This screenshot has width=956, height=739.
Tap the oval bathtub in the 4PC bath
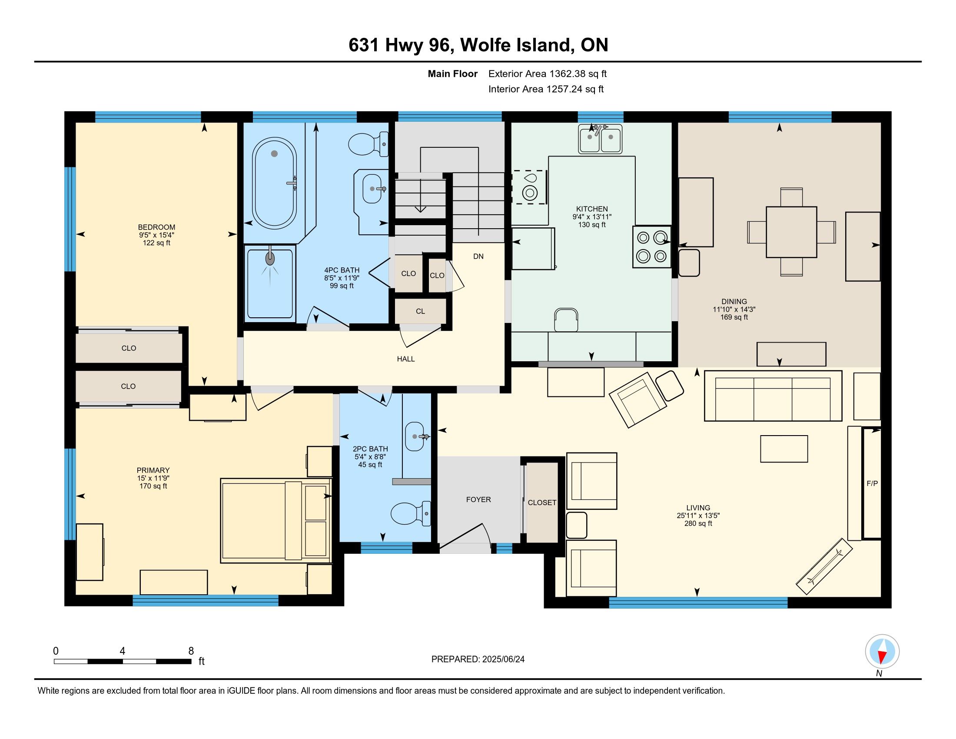[x=275, y=183]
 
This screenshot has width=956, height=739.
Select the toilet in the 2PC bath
[x=411, y=513]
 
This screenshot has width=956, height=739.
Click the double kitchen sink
[x=600, y=139]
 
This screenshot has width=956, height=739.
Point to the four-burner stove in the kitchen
[x=651, y=246]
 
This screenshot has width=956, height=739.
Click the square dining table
[x=791, y=232]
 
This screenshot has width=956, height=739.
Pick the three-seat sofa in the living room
[x=773, y=396]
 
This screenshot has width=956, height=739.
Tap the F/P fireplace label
[x=872, y=483]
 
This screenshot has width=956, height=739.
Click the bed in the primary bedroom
[x=276, y=520]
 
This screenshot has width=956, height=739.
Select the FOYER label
[x=478, y=499]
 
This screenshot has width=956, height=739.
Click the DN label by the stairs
[x=478, y=256]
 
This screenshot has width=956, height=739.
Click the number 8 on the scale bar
[x=191, y=651]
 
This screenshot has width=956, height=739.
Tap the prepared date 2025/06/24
[x=503, y=659]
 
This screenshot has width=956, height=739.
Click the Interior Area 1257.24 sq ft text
[x=546, y=89]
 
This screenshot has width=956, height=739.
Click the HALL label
[x=406, y=359]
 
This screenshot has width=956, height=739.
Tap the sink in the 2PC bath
[x=415, y=436]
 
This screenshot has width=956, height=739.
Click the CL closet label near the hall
[x=420, y=311]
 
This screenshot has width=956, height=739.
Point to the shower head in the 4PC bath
[x=270, y=258]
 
